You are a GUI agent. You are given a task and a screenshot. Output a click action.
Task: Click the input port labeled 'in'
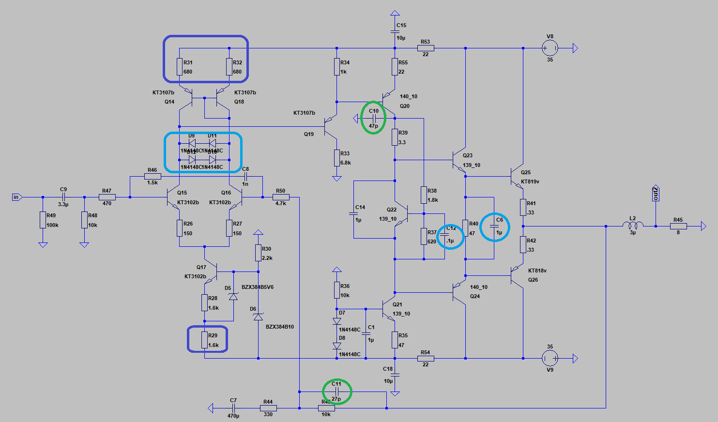tap(16, 197)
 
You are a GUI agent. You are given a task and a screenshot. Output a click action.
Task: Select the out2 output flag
tap(656, 193)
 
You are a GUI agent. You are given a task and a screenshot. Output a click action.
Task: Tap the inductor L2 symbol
tap(632, 226)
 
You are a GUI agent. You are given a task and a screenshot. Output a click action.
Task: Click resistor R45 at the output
tap(678, 226)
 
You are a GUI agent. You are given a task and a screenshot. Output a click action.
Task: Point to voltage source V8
tap(550, 48)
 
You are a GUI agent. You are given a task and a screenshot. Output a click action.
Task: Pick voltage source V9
tap(550, 358)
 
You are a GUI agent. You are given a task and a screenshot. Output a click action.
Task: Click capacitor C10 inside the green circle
tap(374, 118)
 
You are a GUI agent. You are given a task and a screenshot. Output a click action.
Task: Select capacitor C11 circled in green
tap(336, 392)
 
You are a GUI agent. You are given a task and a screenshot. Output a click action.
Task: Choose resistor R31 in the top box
tap(179, 67)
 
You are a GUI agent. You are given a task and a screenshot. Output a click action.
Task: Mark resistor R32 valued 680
tap(229, 67)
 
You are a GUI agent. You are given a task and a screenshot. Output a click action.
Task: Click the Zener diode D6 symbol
tap(258, 316)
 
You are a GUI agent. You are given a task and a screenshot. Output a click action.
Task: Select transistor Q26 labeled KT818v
tap(517, 275)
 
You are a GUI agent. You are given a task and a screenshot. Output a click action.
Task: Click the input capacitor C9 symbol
tap(63, 197)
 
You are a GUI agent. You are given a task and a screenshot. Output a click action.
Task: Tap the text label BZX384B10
tap(279, 327)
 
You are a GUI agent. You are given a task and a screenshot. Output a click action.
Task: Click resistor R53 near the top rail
tap(426, 48)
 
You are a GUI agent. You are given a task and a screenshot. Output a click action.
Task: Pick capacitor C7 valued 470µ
tap(234, 408)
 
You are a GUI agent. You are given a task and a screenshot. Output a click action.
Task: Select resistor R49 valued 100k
tap(43, 220)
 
